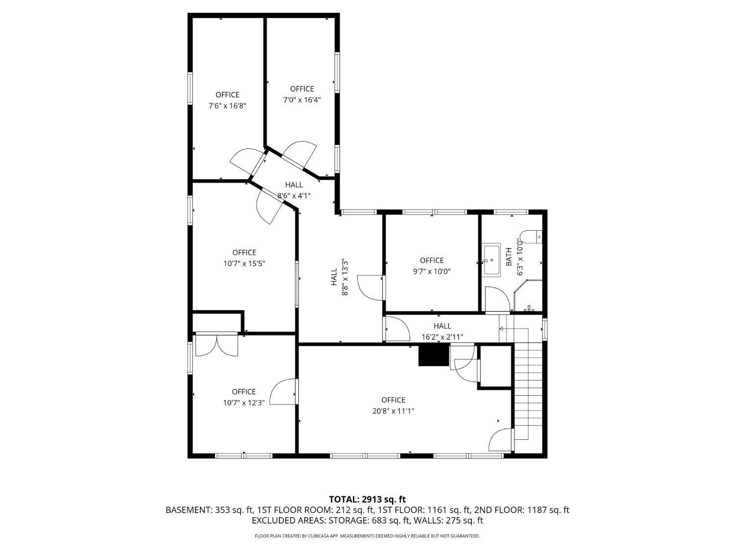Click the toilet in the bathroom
pos(531,237)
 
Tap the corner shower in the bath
pos(529,297)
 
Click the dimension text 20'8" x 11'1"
pos(393,411)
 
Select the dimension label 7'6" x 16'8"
pos(227,105)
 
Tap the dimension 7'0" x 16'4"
pos(302,99)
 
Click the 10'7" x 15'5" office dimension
pos(244,264)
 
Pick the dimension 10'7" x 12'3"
pos(244,403)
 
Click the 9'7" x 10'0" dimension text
pos(432,271)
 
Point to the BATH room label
pos(509,257)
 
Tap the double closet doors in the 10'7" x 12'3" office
pos(217,345)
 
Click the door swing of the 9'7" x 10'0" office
pos(370,288)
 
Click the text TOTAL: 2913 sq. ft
pos(367,500)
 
